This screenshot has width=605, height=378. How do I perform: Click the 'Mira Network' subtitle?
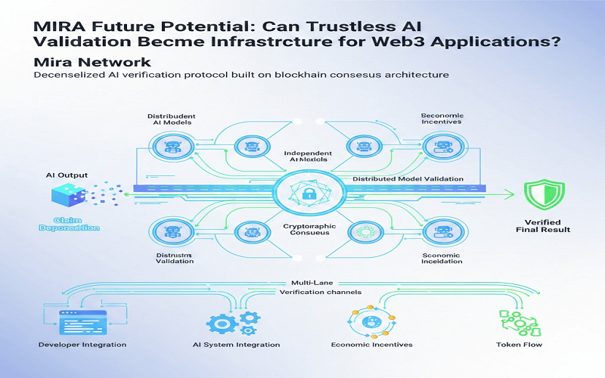tap(92, 62)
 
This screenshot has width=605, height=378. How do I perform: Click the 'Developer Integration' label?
tap(82, 345)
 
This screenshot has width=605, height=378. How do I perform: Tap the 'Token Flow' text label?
tap(519, 345)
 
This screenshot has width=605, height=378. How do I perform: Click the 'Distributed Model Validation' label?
tap(408, 179)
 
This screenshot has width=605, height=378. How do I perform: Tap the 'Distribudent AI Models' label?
tap(169, 119)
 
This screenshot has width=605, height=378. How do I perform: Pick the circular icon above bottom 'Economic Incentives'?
tap(371, 321)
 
